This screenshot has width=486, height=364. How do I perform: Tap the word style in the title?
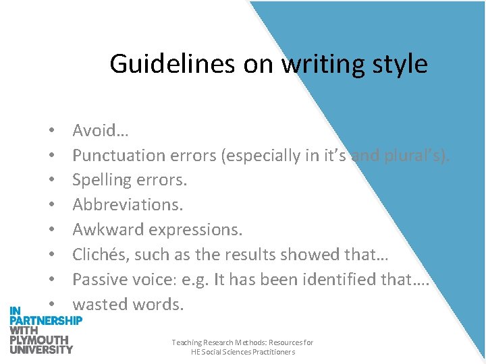click(399, 64)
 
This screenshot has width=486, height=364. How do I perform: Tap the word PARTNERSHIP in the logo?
click(46, 320)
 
